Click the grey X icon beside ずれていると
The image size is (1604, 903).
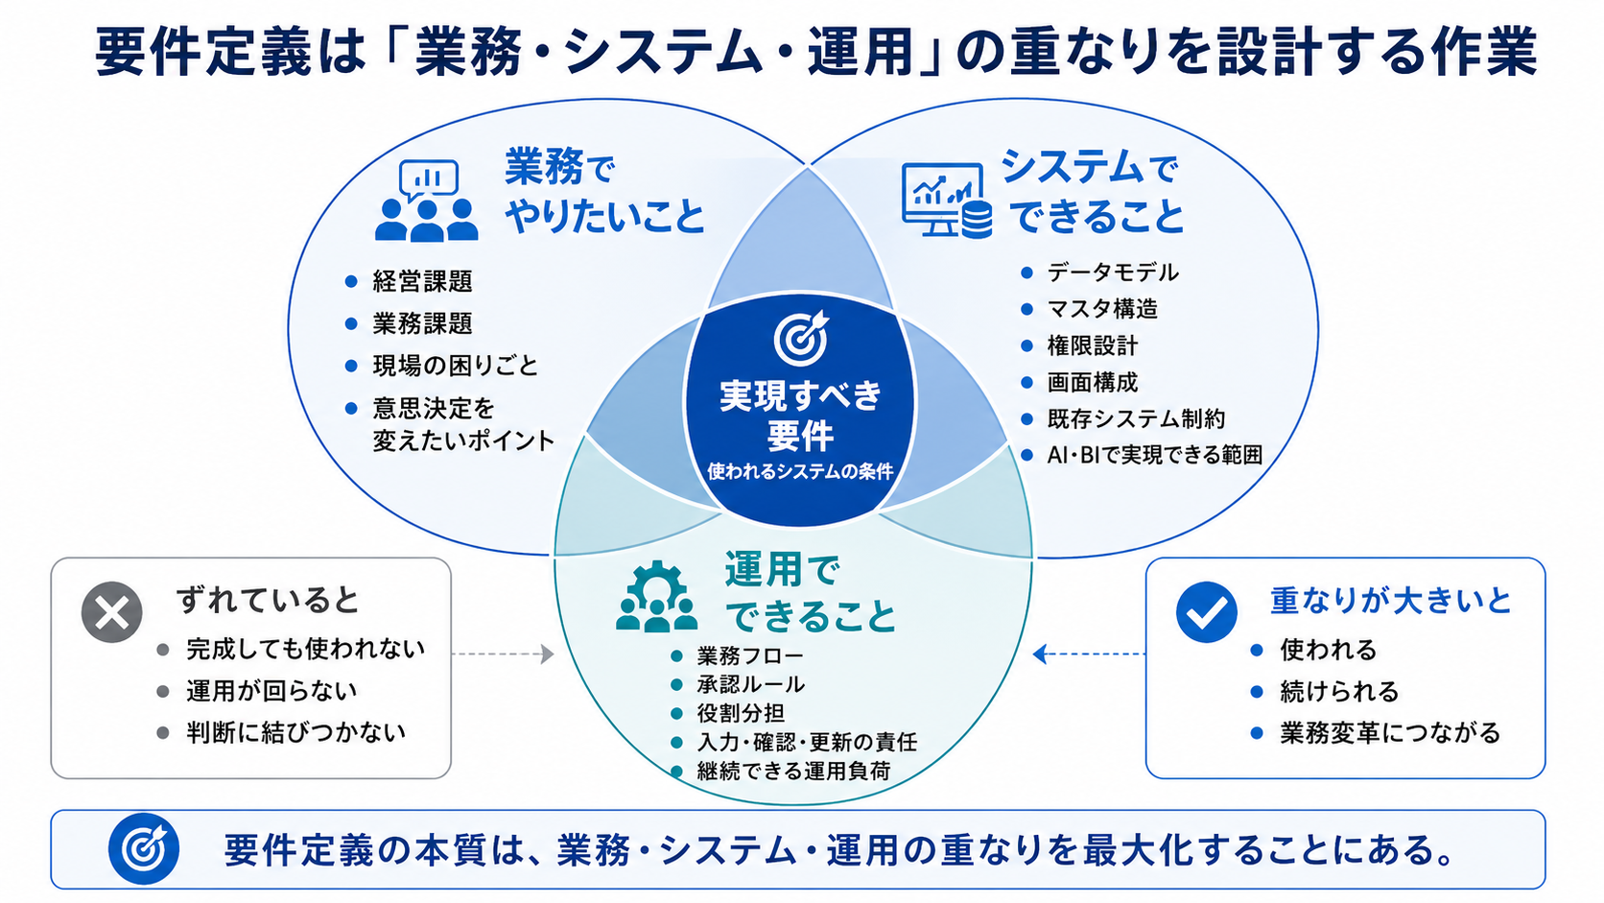coord(111,612)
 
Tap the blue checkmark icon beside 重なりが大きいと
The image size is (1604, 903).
coord(1207,612)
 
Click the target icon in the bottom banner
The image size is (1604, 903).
coord(144,849)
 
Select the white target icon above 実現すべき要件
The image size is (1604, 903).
coord(801,338)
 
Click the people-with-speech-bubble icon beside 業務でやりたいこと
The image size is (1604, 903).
coord(427,201)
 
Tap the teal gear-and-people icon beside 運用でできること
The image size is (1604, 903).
coord(656,597)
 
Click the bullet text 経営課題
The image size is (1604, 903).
coord(422,281)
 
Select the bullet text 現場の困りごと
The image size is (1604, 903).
coord(456,366)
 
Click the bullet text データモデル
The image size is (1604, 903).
coord(1113,273)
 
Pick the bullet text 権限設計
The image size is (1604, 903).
coord(1092,345)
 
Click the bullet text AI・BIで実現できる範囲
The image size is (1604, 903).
coord(1154,456)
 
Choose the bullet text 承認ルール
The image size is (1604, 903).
coord(750,684)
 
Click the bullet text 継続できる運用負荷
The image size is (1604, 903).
coord(793,772)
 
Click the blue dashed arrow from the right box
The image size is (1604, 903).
coord(1089,653)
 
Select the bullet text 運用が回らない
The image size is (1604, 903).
coord(271,691)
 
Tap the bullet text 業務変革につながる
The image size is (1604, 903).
coord(1390,733)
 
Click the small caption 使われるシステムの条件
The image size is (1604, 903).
coord(801,472)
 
